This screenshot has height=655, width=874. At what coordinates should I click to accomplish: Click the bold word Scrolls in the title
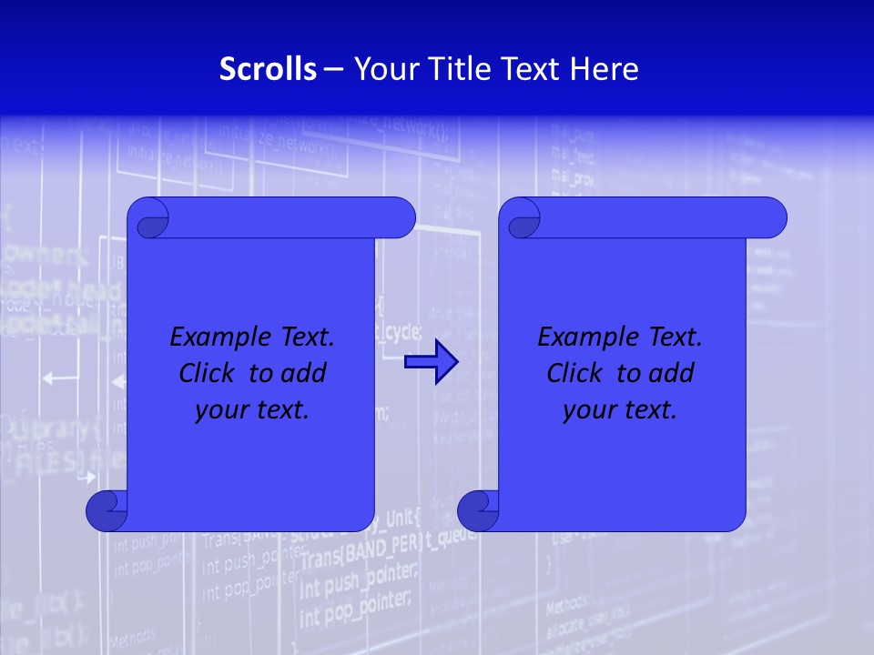[269, 69]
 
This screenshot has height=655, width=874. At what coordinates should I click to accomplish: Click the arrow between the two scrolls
[431, 362]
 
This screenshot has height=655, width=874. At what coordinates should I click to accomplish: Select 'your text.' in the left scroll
[252, 410]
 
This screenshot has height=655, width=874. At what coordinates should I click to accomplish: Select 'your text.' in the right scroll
[620, 410]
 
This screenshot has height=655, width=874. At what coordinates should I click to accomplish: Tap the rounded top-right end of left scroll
[401, 218]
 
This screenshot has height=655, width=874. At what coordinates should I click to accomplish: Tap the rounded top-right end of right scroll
[772, 218]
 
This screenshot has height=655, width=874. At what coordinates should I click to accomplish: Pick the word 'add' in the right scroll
[672, 373]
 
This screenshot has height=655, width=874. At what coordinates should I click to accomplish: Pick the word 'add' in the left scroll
[304, 373]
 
